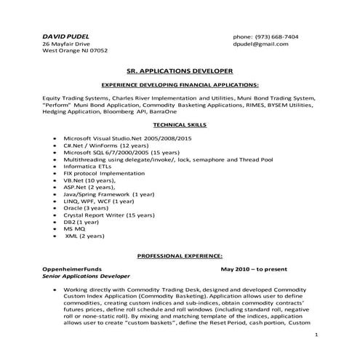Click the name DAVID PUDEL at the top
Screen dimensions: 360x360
[65, 36]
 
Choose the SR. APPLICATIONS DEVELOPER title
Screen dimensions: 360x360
[180, 72]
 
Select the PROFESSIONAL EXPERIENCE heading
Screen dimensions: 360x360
[180, 257]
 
